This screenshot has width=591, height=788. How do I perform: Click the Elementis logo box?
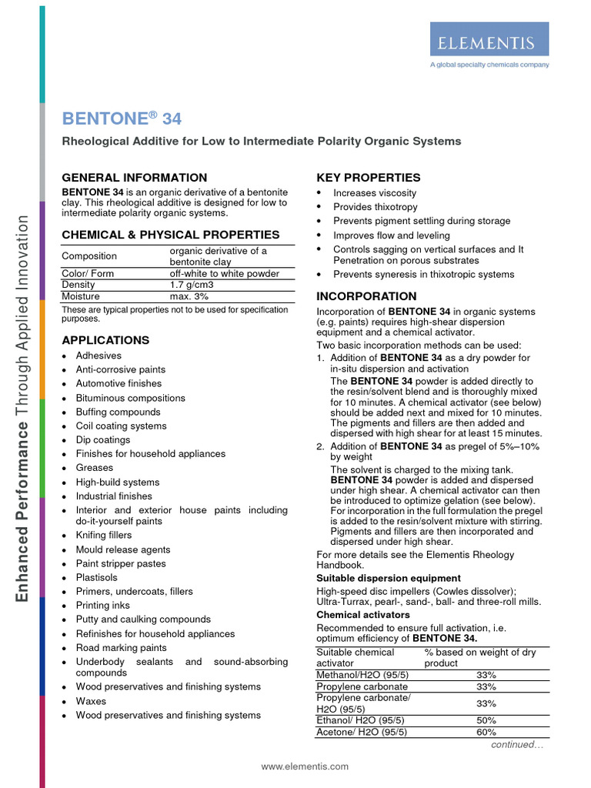tap(489, 38)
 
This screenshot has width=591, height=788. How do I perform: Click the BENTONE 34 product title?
tap(122, 119)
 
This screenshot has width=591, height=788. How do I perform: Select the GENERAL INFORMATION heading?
tap(134, 178)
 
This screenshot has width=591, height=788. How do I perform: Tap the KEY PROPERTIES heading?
tap(369, 178)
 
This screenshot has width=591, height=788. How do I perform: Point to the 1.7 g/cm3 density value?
tap(192, 285)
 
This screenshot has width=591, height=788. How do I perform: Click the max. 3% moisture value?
tap(189, 296)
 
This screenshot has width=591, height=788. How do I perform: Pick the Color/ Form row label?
tap(88, 273)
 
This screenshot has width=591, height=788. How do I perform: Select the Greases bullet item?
tap(94, 468)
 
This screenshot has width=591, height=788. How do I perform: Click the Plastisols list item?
tap(97, 578)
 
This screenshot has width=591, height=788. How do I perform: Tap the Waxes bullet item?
tap(91, 701)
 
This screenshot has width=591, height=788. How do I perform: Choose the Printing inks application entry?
tap(103, 606)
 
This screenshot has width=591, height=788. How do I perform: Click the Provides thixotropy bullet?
tap(375, 207)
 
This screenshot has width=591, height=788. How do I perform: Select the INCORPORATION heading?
tap(366, 296)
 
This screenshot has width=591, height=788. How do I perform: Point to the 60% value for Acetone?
tap(486, 733)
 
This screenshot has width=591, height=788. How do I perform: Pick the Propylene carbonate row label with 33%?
tap(362, 686)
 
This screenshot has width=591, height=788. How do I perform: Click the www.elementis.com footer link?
tap(305, 766)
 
